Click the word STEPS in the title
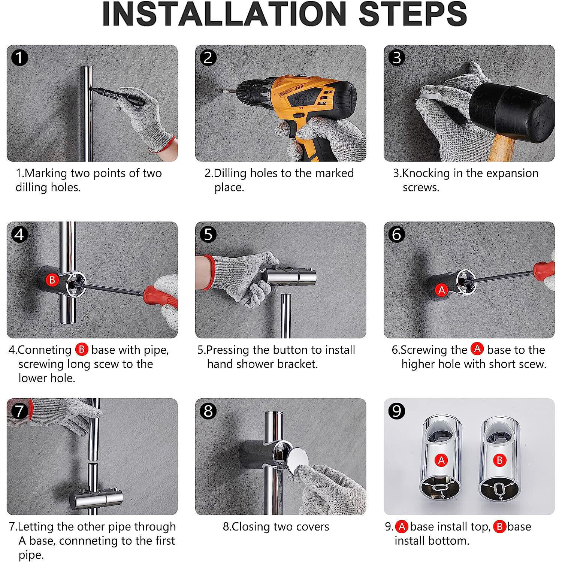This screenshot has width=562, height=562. [413, 14]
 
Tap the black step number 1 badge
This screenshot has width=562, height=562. [19, 58]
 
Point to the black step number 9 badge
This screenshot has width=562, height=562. [396, 411]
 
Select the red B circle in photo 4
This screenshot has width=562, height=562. [52, 280]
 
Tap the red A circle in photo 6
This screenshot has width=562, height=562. [442, 290]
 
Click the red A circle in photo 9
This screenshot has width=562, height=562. [441, 460]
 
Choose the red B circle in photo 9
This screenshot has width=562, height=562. [499, 460]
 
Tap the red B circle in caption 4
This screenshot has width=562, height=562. [81, 350]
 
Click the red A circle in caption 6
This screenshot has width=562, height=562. [477, 349]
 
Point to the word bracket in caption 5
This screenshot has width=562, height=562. [297, 364]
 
